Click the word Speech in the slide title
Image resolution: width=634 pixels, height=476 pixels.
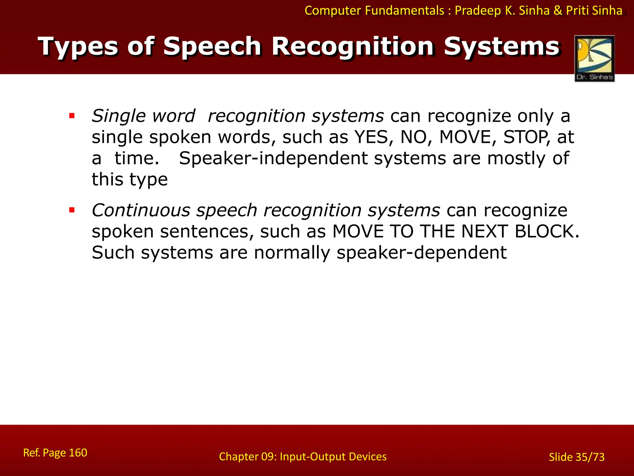tap(212, 46)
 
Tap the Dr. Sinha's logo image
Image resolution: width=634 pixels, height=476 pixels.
tap(594, 58)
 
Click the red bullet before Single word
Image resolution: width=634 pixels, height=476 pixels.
tap(72, 116)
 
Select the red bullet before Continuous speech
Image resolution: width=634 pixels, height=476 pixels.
tap(72, 210)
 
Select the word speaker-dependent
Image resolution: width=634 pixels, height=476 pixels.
tap(421, 253)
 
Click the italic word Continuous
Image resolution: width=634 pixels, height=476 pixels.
tap(141, 210)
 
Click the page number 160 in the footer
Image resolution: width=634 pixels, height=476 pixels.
tap(78, 453)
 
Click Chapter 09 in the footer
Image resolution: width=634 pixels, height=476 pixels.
tap(247, 457)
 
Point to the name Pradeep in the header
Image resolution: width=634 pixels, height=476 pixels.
tap(478, 11)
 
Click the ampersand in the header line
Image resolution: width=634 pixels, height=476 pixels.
tap(558, 11)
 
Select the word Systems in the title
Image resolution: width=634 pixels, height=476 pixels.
tap(502, 46)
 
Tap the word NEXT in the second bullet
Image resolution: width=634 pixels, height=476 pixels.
tap(484, 231)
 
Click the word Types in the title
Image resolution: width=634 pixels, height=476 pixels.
tap(78, 46)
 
